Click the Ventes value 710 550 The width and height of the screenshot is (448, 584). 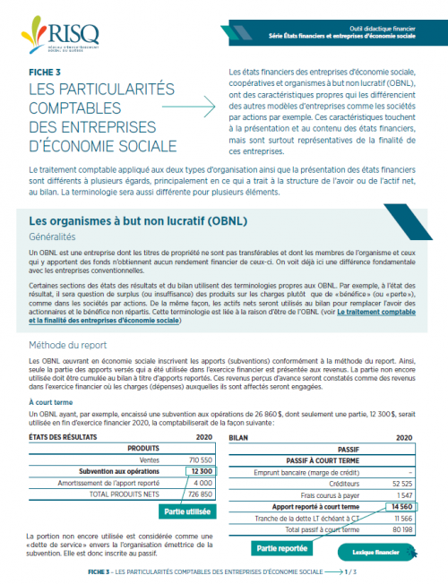point(199,458)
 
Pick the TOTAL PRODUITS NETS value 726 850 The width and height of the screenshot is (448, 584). point(199,494)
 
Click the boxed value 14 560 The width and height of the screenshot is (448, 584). point(397,506)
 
